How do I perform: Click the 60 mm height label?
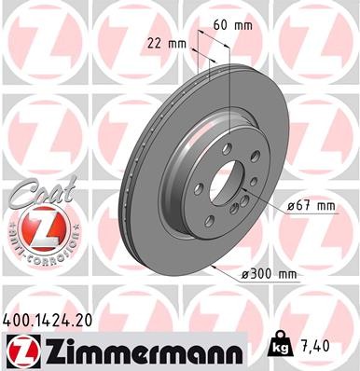[242, 27]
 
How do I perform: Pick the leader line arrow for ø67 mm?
[244, 194]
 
